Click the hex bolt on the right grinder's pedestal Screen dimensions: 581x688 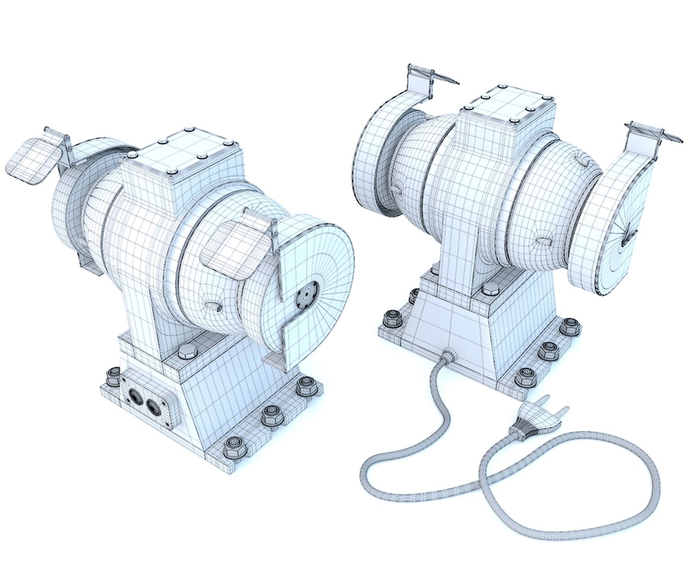tap(490, 290)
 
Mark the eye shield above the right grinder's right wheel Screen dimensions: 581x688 tap(648, 136)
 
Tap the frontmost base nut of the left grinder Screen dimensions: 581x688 tap(233, 446)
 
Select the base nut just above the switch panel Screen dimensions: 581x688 tap(113, 376)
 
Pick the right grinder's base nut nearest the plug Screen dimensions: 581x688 tap(525, 377)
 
